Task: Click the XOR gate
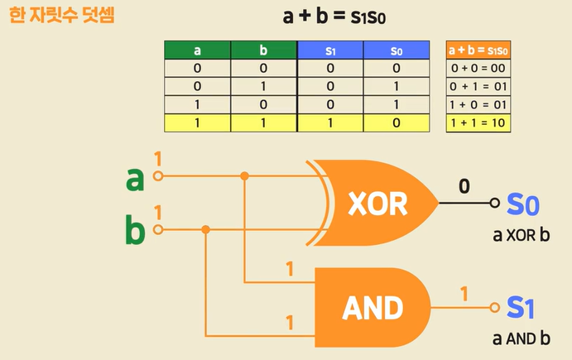[x=377, y=203]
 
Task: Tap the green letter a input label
[x=134, y=178]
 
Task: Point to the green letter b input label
[x=134, y=231]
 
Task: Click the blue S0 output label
[x=523, y=204]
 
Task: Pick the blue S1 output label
[x=521, y=309]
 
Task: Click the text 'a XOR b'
[x=522, y=235]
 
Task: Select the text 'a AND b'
[x=522, y=338]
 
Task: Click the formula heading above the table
[x=334, y=17]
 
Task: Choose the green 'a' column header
[x=197, y=50]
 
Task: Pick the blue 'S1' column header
[x=329, y=50]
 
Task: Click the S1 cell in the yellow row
[x=329, y=122]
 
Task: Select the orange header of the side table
[x=478, y=50]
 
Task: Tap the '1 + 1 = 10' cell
[x=478, y=122]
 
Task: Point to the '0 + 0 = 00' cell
[x=478, y=69]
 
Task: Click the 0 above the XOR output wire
[x=464, y=187]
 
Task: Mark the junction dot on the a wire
[x=244, y=176]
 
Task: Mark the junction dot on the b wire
[x=206, y=229]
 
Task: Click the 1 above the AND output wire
[x=464, y=294]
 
